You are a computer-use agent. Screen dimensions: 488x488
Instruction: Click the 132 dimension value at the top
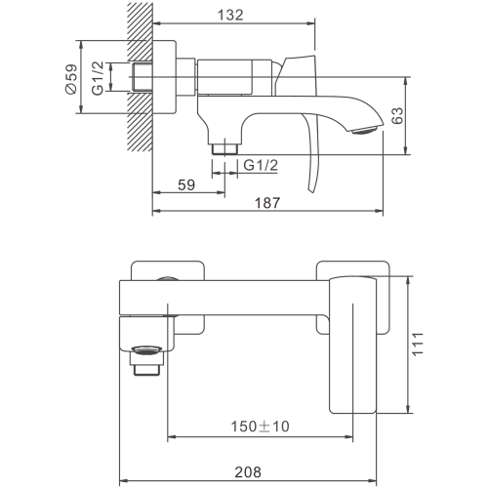tap(230, 15)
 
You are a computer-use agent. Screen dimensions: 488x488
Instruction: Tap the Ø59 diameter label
tap(71, 79)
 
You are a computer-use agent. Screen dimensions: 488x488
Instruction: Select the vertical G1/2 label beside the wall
tap(98, 78)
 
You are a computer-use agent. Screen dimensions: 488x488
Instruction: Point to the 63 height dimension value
tap(397, 115)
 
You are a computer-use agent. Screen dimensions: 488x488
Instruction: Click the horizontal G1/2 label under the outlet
tap(261, 165)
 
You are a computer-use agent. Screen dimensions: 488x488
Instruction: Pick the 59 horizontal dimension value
tap(186, 184)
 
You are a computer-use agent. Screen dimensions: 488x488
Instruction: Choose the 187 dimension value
tap(267, 203)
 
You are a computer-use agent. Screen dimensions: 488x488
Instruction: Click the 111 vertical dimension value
tap(418, 344)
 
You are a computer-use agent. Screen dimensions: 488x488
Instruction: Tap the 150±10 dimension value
tap(260, 427)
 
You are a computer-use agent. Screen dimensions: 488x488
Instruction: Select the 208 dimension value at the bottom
tap(248, 472)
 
